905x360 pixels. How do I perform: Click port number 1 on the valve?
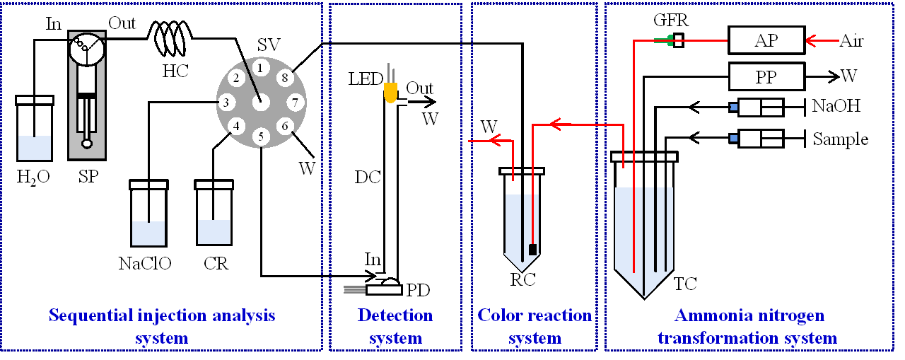click(x=261, y=68)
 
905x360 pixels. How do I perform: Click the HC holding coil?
click(x=168, y=39)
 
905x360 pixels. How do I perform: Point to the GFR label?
click(x=670, y=21)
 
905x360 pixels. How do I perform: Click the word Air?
click(x=853, y=40)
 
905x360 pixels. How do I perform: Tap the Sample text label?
click(x=840, y=139)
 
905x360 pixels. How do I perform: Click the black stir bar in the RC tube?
click(x=532, y=249)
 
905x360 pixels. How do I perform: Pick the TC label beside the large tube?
click(x=685, y=284)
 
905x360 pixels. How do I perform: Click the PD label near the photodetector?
click(x=418, y=289)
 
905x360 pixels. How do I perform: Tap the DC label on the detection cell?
click(x=368, y=178)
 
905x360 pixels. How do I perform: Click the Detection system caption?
click(x=395, y=326)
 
